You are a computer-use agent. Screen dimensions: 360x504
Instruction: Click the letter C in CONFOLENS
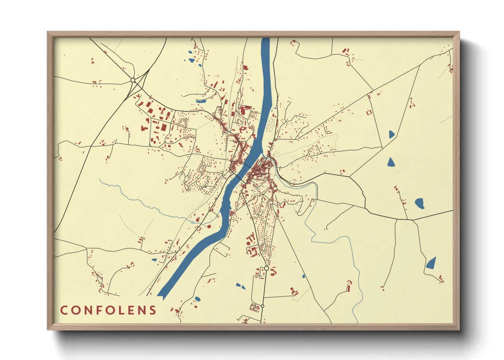click(x=64, y=310)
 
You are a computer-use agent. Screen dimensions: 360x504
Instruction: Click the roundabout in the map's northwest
click(x=133, y=80)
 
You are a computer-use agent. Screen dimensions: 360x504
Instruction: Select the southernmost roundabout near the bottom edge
click(x=262, y=306)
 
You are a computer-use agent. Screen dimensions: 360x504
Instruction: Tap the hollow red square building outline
click(x=368, y=112)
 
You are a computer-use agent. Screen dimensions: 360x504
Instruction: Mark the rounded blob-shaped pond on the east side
click(x=419, y=203)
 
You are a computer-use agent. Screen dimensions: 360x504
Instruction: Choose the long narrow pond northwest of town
click(x=201, y=101)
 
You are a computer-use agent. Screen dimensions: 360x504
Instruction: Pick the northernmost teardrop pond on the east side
click(x=392, y=134)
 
